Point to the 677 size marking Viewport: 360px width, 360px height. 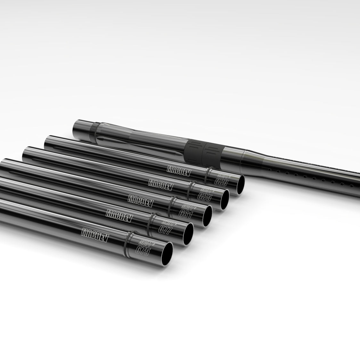[165, 229]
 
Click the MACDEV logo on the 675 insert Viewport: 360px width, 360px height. [95, 235]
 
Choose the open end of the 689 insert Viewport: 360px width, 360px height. [238, 185]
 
